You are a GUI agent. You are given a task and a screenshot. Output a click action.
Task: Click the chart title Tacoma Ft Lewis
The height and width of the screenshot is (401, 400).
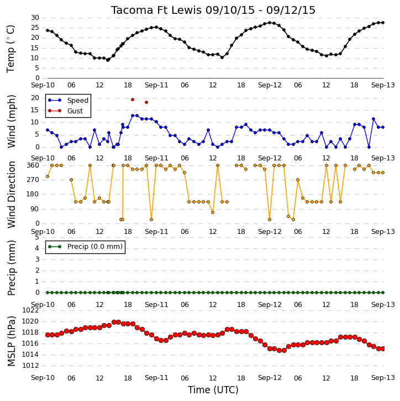click(x=156, y=10)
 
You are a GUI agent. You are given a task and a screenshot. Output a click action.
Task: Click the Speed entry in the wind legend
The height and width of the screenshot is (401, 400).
click(x=78, y=101)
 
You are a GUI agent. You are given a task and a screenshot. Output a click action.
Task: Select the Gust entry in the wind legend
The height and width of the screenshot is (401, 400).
click(x=75, y=111)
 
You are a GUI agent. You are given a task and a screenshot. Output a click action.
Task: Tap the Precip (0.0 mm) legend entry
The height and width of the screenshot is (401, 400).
click(x=95, y=247)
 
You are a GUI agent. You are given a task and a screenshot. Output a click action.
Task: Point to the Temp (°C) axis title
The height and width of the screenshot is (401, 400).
click(x=11, y=49)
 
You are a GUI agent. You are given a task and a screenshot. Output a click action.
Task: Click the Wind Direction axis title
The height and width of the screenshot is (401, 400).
click(x=12, y=195)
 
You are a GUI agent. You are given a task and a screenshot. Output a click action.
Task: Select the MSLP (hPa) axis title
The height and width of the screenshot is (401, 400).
click(x=12, y=341)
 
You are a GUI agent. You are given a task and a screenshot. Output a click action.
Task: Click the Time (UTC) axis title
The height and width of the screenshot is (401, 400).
click(x=213, y=390)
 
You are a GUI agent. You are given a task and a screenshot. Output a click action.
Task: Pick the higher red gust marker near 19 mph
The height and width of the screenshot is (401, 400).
click(x=133, y=100)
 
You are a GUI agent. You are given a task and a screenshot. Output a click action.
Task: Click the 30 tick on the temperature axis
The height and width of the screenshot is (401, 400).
click(x=35, y=18)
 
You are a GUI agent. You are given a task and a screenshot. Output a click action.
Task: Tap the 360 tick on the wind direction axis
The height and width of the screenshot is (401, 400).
click(x=33, y=165)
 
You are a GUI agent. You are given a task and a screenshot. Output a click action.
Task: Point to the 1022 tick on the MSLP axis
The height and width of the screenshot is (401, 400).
click(x=30, y=310)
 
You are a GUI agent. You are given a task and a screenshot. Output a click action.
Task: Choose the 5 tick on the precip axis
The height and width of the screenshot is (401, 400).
click(x=37, y=237)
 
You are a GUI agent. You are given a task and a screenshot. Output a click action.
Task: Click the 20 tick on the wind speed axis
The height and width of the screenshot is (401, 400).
click(x=35, y=98)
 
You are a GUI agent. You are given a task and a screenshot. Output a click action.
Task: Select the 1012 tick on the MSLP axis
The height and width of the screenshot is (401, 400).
click(x=30, y=366)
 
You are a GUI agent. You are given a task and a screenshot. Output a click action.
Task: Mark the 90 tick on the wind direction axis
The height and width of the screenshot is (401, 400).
click(x=35, y=209)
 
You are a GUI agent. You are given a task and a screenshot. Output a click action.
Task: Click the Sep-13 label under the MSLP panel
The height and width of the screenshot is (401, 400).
click(x=383, y=378)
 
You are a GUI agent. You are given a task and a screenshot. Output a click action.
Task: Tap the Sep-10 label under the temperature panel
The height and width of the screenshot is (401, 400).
click(x=43, y=85)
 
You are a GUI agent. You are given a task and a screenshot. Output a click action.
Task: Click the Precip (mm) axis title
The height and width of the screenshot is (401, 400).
click(x=12, y=268)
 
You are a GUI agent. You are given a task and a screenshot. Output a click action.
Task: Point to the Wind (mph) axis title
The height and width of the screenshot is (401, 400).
click(x=12, y=122)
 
